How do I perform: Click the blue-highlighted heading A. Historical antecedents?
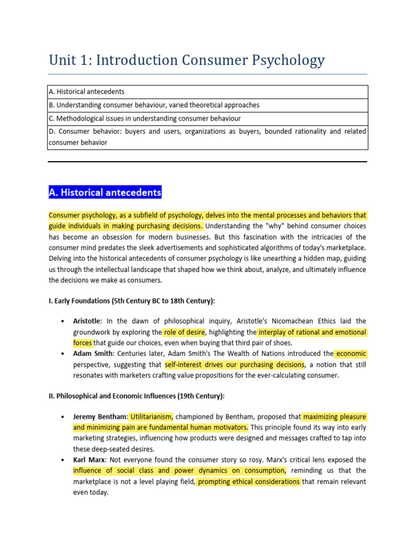[105, 192]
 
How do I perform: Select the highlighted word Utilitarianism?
[151, 417]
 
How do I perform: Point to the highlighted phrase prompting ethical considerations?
[249, 482]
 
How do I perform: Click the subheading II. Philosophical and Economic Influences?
[136, 395]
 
